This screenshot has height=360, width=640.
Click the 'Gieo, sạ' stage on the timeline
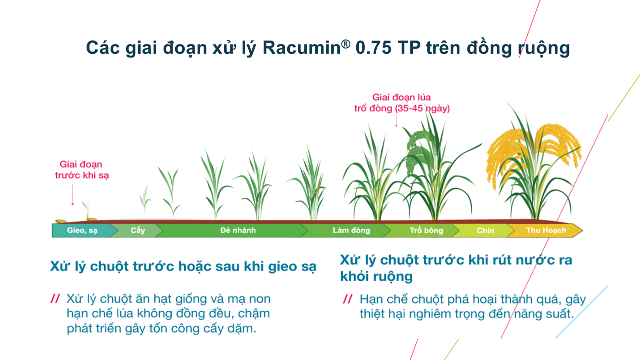82,230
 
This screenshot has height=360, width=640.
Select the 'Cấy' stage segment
138,230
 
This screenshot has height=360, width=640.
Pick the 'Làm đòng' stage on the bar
351,230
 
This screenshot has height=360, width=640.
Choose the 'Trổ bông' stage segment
426,230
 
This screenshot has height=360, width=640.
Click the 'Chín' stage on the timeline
485,230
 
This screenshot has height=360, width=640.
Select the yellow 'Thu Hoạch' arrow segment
546,230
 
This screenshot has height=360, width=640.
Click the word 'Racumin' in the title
301,48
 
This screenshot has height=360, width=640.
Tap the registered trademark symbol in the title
346,43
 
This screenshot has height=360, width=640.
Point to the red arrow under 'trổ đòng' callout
396,120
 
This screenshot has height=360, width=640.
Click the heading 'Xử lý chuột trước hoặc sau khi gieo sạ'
183,266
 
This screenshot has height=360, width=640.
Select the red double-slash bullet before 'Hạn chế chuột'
347,299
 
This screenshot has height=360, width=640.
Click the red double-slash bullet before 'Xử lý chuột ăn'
55,299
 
